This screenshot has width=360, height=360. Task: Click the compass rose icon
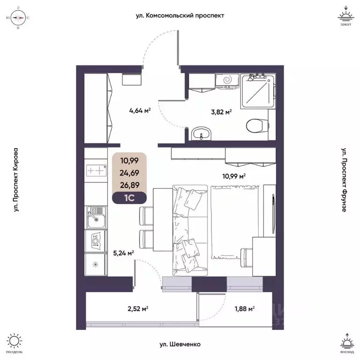pos(18,18)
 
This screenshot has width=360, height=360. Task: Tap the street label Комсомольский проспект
pos(180,15)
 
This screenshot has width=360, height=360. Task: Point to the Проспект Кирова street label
pos(16,180)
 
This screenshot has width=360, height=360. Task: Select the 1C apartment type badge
pos(129,197)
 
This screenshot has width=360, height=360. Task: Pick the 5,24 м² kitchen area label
pos(124,253)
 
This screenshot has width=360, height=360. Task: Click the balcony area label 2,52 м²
pos(138,309)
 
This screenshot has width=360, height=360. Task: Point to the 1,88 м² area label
pos(244,309)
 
